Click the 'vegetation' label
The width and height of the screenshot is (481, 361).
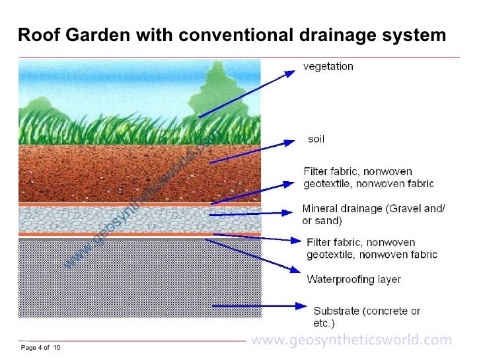pos(328,67)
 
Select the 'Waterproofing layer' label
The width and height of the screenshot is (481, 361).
pos(353,279)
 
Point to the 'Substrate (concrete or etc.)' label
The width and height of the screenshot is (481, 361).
pos(367,317)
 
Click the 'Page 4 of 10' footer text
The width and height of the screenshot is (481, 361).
pos(41,348)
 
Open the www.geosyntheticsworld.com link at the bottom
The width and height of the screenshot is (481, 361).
pos(351,341)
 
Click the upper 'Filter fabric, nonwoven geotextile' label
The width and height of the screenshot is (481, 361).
pos(369,177)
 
